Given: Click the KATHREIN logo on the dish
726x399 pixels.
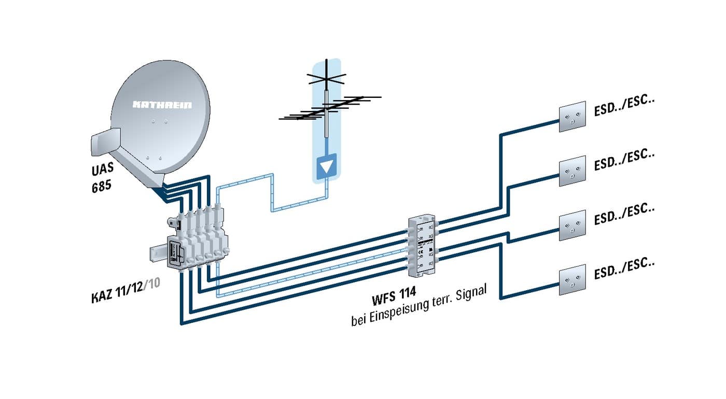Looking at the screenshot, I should tap(162, 105).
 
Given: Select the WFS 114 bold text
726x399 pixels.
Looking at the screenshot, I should tap(394, 299).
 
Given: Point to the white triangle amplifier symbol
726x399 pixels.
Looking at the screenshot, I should tap(326, 167).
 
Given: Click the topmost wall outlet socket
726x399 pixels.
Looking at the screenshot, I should tap(572, 117).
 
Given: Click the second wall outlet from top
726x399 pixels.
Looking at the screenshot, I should tap(572, 172).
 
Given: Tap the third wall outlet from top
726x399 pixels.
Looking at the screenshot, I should tap(572, 225).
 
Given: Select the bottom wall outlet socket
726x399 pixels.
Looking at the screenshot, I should tap(572, 280).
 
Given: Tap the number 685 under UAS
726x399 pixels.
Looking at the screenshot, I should tap(98, 185).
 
